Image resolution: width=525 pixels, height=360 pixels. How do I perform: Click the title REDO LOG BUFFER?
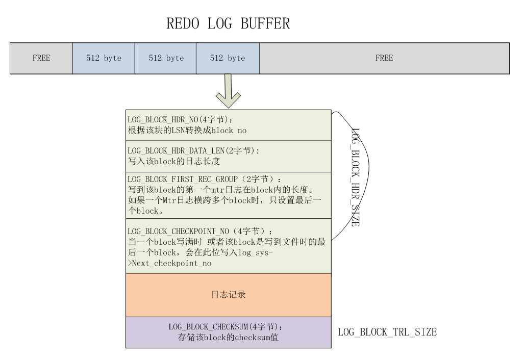228,23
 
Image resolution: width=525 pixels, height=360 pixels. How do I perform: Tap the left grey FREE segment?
41,58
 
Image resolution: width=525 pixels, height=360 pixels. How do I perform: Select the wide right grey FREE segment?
384,58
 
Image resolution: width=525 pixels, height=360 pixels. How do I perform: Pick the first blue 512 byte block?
104,58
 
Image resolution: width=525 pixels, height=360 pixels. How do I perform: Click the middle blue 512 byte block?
166,58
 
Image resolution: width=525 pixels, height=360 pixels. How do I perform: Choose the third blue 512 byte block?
228,58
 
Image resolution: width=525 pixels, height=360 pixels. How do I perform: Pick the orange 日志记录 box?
228,295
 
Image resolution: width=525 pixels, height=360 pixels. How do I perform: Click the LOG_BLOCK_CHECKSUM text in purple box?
225,327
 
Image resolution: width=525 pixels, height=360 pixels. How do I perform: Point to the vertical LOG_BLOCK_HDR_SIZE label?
356,177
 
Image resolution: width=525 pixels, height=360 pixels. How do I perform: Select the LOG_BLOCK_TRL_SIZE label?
387,332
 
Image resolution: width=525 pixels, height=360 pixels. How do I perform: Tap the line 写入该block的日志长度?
173,162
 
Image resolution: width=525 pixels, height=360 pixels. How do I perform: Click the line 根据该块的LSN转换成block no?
187,131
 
